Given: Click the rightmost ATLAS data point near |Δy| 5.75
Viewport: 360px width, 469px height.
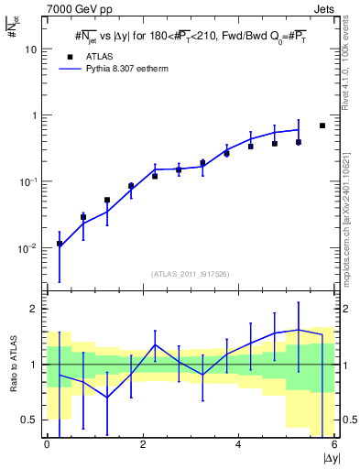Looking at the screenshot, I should pos(322,125).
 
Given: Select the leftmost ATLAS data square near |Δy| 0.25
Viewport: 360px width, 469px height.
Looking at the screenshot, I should pos(60,244).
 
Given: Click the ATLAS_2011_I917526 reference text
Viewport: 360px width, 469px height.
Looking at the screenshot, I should pos(191,274).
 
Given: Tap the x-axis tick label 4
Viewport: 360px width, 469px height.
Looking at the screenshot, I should pos(238,445).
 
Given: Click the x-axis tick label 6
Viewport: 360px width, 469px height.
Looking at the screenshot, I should pos(333,445).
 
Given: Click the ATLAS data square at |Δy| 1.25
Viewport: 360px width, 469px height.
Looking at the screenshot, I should pos(107,200).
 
